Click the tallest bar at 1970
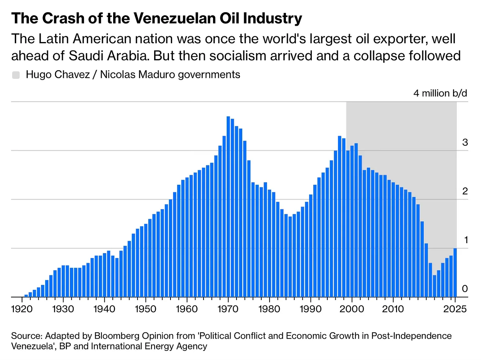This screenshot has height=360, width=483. coord(228,207)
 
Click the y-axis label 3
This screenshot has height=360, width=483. coord(464,143)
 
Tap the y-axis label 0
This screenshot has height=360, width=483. coord(464,289)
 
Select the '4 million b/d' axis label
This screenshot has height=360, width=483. coord(440,93)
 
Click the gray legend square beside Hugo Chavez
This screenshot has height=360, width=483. coord(16,75)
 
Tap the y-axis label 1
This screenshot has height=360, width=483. coord(464,240)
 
